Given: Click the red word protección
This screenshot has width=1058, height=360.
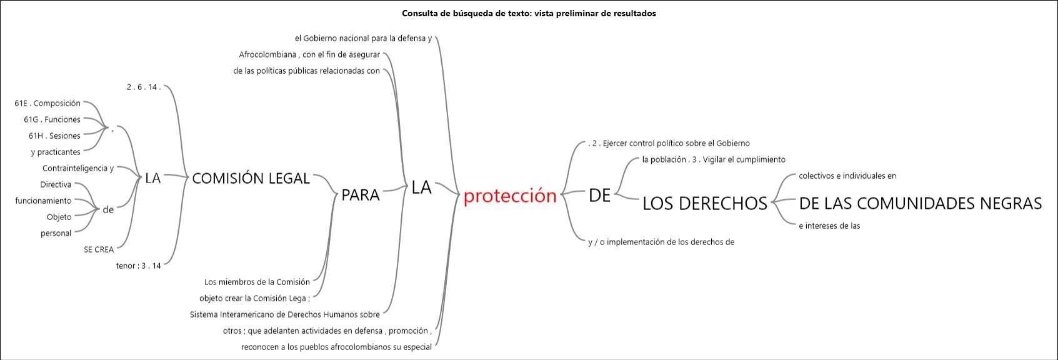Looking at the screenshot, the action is coord(510,196).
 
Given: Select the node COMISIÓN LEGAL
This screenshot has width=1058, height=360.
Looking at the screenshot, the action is coord(251,178).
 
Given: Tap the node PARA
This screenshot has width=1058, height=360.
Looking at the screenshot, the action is coord(361,194).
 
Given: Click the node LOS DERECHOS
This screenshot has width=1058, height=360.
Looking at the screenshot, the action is coord(705,203).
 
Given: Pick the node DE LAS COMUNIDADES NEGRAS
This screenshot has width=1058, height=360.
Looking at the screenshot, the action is coord(920,203).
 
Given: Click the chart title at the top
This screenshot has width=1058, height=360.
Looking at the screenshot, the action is coord(529,13).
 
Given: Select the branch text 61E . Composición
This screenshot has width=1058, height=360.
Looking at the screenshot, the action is coord(47,103).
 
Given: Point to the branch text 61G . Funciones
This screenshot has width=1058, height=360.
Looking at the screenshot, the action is coord(52,119).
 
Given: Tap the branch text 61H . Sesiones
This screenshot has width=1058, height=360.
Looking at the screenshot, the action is coord(54,136).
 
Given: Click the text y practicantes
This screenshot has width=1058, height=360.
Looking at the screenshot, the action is coord(56,152).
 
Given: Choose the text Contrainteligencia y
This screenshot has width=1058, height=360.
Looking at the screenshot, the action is coord(78,168).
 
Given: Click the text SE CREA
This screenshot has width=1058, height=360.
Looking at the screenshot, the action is coord(99,249).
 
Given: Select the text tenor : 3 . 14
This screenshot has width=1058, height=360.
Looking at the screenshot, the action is coord(138,266).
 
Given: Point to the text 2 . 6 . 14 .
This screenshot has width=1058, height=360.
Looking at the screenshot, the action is coord(144,87).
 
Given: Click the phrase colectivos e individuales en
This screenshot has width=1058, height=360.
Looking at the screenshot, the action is coord(847,176).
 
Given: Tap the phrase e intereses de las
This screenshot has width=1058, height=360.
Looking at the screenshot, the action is coord(829,226).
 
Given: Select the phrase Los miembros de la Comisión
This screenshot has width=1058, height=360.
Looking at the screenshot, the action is coord(257,282).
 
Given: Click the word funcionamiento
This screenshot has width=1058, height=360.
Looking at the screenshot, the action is coord(44,201).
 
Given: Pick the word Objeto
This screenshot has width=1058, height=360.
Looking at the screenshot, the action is coord(59,217).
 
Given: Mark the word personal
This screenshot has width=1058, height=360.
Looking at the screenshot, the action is coord(56,233).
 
